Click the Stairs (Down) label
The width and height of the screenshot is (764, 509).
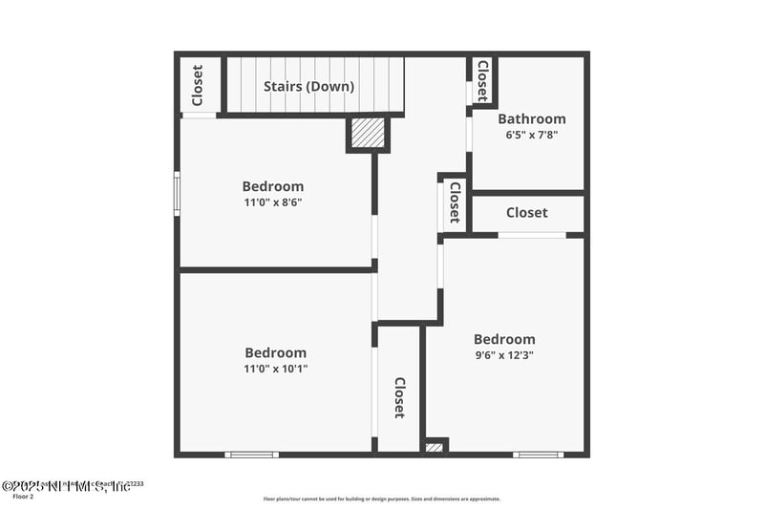point(308,87)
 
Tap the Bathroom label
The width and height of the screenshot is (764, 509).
point(532,119)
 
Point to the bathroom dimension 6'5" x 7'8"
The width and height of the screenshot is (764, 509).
point(532,135)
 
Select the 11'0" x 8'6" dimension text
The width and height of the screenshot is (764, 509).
point(273,202)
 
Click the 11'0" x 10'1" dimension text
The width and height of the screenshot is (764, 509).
point(275,368)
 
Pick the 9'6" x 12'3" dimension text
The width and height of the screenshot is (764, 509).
point(504,354)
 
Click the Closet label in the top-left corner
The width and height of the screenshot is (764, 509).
point(198,85)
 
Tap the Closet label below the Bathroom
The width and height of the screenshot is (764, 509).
point(526,213)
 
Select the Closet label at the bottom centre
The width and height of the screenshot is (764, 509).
point(399,398)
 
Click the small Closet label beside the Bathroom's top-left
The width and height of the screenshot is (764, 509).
point(482,79)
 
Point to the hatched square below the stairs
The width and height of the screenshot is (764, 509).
point(367,134)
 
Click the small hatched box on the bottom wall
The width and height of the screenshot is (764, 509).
point(435,447)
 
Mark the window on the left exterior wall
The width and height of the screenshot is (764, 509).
point(176,193)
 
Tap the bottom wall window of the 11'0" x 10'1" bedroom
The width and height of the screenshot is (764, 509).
point(251,455)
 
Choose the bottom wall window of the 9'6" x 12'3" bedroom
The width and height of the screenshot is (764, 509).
point(538,455)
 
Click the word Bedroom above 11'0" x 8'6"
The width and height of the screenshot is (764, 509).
point(273,187)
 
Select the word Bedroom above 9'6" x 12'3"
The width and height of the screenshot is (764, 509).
point(504,339)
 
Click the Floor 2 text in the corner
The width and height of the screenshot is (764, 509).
point(23,497)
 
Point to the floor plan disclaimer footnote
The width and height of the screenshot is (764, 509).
point(382,498)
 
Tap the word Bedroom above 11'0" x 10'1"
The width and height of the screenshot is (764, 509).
point(275,352)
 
